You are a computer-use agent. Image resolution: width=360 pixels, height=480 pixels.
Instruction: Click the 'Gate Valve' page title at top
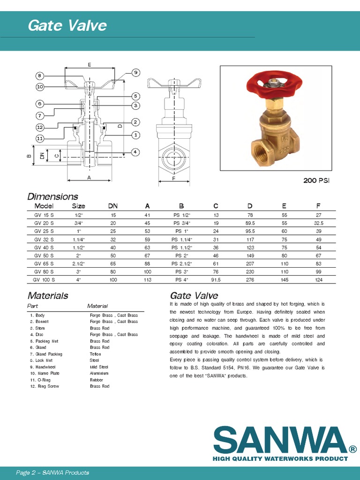pyautogui.click(x=67, y=25)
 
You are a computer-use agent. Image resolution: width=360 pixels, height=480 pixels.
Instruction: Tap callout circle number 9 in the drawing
pyautogui.click(x=135, y=72)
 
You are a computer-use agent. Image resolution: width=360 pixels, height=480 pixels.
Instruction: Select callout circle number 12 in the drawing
pyautogui.click(x=40, y=127)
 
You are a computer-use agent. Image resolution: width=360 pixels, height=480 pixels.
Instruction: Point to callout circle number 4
pyautogui.click(x=135, y=152)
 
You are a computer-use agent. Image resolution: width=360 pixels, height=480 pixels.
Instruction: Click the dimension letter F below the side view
pyautogui.click(x=173, y=179)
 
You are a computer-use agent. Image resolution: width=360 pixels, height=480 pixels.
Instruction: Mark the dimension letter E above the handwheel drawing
pyautogui.click(x=89, y=64)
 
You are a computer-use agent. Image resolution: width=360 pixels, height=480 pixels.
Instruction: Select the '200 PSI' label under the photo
pyautogui.click(x=316, y=180)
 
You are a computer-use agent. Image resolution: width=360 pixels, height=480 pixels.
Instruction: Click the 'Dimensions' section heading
pyautogui.click(x=52, y=196)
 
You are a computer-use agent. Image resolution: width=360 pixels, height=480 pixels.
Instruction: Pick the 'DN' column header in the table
pyautogui.click(x=113, y=206)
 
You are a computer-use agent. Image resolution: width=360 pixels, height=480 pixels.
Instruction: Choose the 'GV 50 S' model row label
pyautogui.click(x=44, y=255)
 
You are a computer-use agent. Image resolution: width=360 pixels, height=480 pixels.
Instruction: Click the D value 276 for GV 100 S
pyautogui.click(x=250, y=279)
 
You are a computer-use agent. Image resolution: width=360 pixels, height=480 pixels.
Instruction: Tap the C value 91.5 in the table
pyautogui.click(x=216, y=279)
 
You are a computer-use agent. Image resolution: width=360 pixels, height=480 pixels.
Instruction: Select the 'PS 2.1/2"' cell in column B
pyautogui.click(x=182, y=263)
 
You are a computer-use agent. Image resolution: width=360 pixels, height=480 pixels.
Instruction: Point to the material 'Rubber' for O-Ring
pyautogui.click(x=97, y=380)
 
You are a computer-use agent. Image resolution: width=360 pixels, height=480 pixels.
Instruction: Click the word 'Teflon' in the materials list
pyautogui.click(x=95, y=354)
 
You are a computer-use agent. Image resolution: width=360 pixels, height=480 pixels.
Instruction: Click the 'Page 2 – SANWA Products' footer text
pyautogui.click(x=52, y=472)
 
